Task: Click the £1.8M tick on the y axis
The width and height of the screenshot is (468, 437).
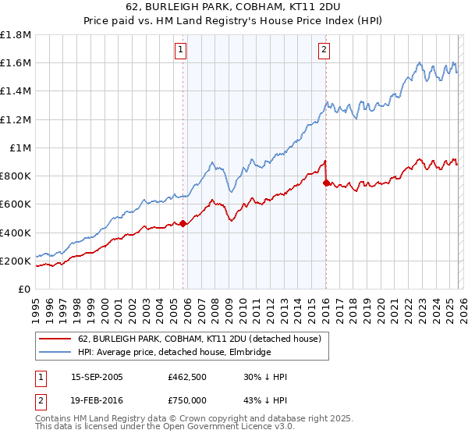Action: (x=16, y=35)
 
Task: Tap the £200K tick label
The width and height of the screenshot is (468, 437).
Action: (x=16, y=261)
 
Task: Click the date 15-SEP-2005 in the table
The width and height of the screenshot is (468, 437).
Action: (x=97, y=378)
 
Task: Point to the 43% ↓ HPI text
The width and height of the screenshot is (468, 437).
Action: (x=266, y=399)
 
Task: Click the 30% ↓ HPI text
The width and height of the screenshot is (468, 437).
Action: (x=266, y=378)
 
